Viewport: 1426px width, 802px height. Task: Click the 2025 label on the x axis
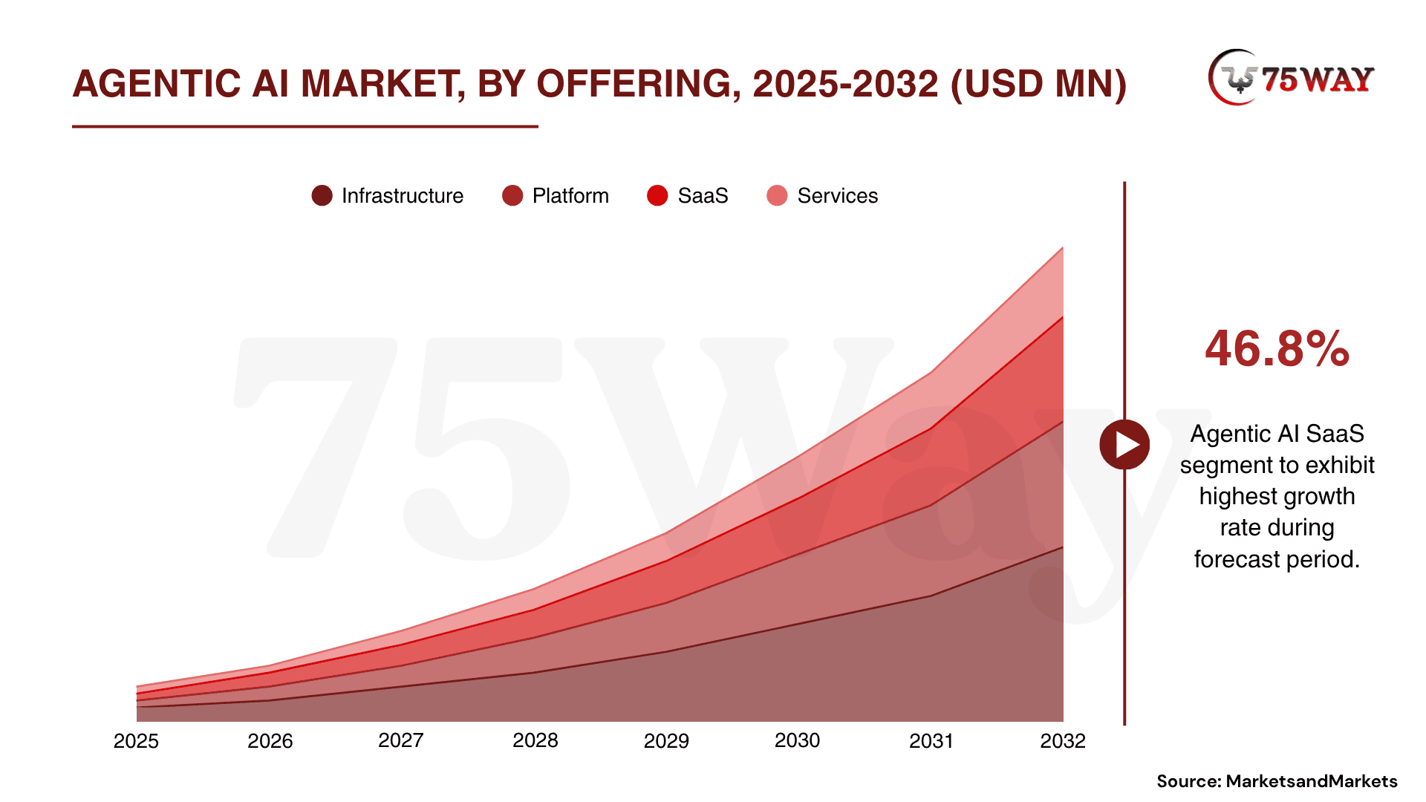136,741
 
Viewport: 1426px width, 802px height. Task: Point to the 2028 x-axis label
535,741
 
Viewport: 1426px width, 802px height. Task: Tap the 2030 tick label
797,741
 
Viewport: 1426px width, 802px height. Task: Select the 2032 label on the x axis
1062,741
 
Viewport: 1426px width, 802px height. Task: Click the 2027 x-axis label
400,741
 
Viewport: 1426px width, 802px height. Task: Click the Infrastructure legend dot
322,196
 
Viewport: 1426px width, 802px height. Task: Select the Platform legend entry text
570,196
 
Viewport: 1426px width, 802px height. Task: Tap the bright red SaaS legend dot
657,196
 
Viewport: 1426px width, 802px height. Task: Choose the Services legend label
837,196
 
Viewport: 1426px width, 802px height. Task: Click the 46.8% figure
1277,349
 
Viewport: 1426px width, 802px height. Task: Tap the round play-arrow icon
1124,445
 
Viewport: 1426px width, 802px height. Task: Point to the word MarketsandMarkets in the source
1312,781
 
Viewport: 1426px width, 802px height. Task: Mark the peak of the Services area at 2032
1063,248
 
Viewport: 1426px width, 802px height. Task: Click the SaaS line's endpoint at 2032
1063,318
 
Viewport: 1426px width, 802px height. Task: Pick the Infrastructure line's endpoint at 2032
1063,547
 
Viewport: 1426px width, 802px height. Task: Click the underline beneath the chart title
305,127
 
